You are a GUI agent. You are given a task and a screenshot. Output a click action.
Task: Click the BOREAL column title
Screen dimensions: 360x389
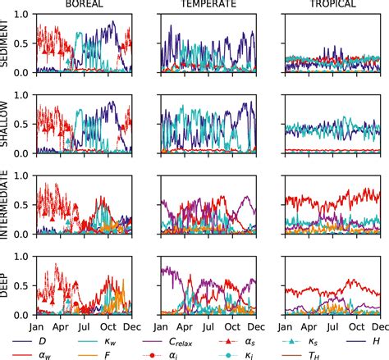click(x=86, y=5)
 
